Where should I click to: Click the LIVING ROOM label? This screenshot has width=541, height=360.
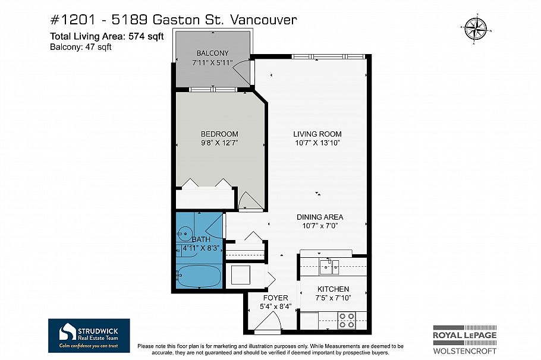point(316,134)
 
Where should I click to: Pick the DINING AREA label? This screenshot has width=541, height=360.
point(320,217)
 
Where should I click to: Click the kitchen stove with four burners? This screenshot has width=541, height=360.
point(347,321)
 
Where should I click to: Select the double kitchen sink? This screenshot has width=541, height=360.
point(328,267)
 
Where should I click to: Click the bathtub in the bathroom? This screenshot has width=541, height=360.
point(199,276)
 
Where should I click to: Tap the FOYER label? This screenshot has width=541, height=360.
point(275,298)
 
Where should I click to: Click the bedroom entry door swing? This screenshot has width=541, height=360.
point(249,201)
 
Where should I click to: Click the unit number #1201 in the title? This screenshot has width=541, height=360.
point(70,20)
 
